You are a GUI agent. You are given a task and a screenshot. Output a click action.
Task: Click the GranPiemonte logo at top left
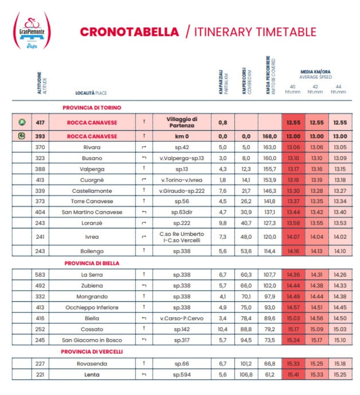click(x=32, y=30)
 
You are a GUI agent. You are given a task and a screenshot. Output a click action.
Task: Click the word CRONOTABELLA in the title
click(x=130, y=32)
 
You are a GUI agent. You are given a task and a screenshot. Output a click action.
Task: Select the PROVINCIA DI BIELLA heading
click(x=92, y=263)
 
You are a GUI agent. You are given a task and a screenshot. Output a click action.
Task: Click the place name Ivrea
click(x=92, y=237)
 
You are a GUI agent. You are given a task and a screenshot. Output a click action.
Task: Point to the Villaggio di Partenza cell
click(x=182, y=122)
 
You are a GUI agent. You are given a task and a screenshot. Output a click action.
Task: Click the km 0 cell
click(x=182, y=136)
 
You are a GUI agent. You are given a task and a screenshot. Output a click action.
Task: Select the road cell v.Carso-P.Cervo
click(x=182, y=318)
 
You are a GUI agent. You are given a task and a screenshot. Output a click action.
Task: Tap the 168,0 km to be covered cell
click(x=270, y=136)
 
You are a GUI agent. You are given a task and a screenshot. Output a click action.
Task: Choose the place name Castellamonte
click(x=92, y=191)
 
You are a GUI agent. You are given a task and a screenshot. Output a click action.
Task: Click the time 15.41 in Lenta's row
click(x=293, y=375)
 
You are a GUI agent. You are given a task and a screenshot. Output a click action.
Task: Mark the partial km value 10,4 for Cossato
click(x=222, y=329)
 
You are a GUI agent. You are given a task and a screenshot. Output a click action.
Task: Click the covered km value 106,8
click(x=247, y=375)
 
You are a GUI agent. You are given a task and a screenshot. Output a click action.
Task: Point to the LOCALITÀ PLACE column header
click(x=91, y=93)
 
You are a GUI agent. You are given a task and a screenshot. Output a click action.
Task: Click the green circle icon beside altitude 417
click(x=22, y=122)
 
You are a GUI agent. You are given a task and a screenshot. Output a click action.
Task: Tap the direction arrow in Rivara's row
click(x=143, y=147)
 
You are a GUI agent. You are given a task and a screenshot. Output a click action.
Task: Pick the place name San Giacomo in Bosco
click(x=92, y=340)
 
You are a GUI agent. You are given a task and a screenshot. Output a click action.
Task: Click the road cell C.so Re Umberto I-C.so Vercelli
click(x=182, y=237)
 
